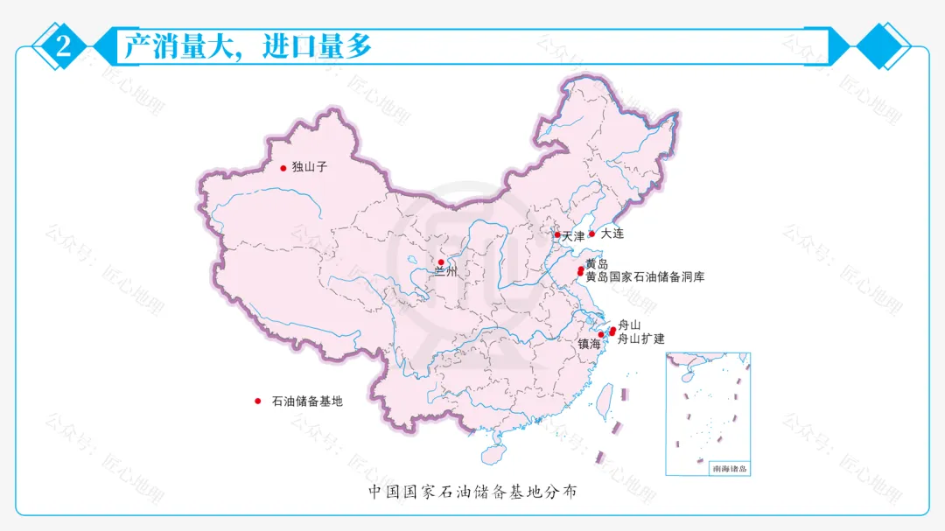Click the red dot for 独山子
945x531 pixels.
(283, 168)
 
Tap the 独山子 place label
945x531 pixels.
(310, 167)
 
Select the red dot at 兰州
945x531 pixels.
(441, 262)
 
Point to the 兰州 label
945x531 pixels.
(446, 273)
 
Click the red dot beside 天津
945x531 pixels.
(557, 234)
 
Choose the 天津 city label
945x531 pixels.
(573, 236)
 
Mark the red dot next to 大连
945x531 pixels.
(591, 234)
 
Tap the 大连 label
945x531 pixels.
(613, 234)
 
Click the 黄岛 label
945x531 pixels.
(597, 264)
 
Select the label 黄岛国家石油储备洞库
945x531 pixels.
(645, 277)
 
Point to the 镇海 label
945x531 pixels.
(590, 345)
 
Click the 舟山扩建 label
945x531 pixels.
(641, 339)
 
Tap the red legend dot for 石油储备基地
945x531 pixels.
(258, 402)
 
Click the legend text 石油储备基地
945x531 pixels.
(307, 402)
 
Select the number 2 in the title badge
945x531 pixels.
(63, 46)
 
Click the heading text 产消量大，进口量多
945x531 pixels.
(248, 46)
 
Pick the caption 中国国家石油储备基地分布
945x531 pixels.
(472, 493)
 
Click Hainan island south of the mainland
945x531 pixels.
(493, 455)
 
